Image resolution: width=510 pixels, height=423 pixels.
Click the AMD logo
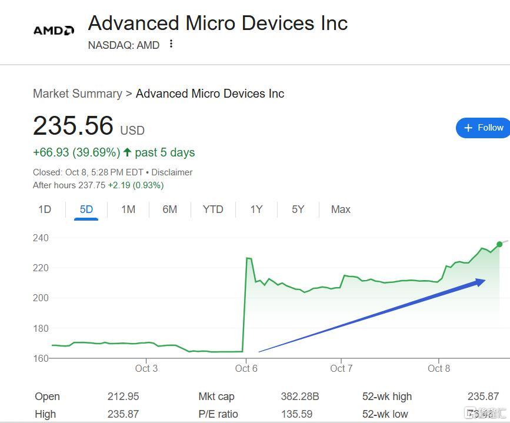54,30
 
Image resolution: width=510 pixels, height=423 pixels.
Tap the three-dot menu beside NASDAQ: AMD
171,44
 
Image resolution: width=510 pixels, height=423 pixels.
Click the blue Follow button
484,128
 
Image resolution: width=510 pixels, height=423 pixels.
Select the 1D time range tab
45,209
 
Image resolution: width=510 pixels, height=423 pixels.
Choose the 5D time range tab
86,209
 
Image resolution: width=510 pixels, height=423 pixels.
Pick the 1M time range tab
128,209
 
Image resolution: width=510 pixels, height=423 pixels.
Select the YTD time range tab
213,209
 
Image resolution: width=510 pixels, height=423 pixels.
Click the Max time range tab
341,209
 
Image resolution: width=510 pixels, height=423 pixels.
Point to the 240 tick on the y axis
41,238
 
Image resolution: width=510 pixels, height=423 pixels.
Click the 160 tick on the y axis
41,358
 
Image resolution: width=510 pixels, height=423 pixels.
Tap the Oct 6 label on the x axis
246,369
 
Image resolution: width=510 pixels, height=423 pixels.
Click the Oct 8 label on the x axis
439,369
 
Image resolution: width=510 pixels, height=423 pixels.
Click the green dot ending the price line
499,244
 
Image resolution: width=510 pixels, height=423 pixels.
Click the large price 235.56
73,126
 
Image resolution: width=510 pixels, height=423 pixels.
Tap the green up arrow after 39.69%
127,152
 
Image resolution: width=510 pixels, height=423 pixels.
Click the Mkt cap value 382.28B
300,397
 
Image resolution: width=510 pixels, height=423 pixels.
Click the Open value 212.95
124,397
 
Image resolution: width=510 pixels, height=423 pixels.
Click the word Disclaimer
172,172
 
